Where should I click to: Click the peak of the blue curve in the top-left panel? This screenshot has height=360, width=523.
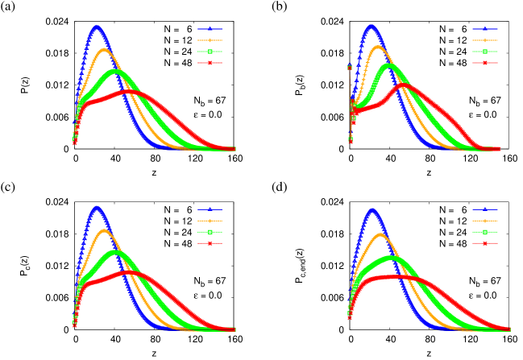coord(97,26)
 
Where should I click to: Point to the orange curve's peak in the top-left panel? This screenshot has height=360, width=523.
coord(104,49)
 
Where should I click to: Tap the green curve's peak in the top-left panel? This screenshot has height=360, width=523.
coord(116,70)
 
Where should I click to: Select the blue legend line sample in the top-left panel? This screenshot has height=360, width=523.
coord(210,29)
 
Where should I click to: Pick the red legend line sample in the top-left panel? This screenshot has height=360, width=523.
coord(210,63)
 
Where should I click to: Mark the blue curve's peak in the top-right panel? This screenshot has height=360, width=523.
coord(371,26)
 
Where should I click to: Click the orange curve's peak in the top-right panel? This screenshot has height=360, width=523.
coord(378,46)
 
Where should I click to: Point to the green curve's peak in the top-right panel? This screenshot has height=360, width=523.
coord(390,64)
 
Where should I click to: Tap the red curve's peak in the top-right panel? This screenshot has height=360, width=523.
coord(402,85)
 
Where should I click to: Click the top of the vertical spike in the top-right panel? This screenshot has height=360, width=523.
coord(349,66)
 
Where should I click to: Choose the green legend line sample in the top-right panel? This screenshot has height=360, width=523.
coord(484,52)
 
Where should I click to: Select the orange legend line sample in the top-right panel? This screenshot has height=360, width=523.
coord(484,40)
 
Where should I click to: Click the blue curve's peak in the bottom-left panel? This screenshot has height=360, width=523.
coord(97,207)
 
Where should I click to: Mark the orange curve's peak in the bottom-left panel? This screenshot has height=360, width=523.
coord(104,230)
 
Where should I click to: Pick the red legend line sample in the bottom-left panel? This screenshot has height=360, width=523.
coord(210,243)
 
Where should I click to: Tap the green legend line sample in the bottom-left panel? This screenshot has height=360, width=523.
coord(210,232)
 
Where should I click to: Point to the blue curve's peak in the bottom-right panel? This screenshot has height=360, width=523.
coord(371,209)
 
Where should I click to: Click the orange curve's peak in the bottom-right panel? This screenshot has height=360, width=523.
coord(380,234)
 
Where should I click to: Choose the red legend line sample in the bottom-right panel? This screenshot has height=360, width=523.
coord(484,243)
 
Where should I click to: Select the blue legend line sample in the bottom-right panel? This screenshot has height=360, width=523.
coord(484,209)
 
